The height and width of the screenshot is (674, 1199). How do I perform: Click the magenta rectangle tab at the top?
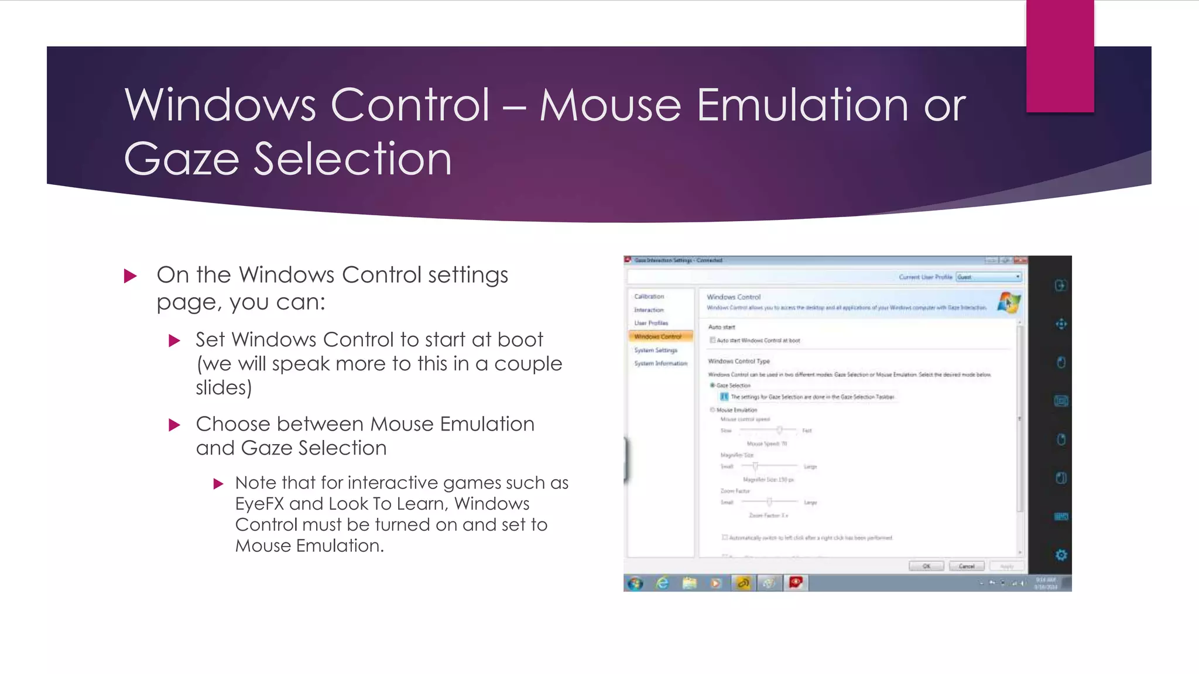point(1060,56)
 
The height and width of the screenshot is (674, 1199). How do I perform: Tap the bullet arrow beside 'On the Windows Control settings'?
point(131,276)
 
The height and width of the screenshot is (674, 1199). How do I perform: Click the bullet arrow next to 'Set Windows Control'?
point(174,341)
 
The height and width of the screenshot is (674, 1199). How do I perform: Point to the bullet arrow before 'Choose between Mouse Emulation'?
point(174,425)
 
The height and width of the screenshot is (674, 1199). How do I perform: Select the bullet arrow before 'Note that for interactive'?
point(218,484)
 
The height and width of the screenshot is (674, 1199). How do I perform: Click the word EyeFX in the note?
point(259,504)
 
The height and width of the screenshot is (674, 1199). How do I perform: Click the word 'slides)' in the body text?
point(224,388)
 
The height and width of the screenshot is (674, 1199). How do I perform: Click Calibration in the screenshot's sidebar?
point(649,297)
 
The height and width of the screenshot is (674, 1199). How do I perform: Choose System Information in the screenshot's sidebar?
point(661,363)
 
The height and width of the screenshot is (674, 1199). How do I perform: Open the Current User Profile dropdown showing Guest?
point(989,277)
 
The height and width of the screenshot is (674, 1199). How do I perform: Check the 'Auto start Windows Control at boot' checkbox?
point(712,340)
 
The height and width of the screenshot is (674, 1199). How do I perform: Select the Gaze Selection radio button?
point(712,386)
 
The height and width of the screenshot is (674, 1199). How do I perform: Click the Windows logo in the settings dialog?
point(1008,302)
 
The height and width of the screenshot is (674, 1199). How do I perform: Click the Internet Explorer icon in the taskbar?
point(662,583)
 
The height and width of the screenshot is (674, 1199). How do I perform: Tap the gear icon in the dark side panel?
point(1061,555)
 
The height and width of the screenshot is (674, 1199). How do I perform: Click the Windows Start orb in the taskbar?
point(635,583)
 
